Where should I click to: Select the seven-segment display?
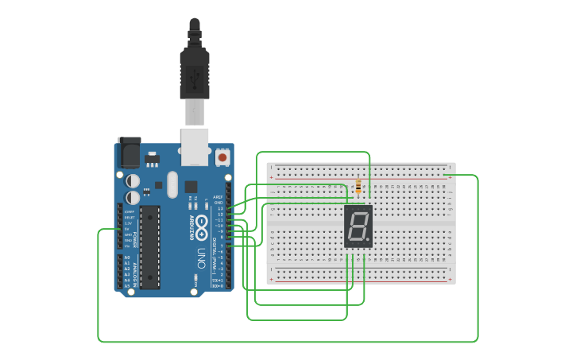(x=358, y=226)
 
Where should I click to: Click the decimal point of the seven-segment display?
(x=368, y=239)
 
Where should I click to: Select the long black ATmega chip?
(x=150, y=246)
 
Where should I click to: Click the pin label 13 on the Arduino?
(x=220, y=208)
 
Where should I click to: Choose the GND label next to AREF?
(x=219, y=203)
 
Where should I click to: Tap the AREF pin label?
(x=218, y=197)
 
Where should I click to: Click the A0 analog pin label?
(x=127, y=258)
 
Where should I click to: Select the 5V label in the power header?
(x=128, y=230)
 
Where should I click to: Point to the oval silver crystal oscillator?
(x=171, y=188)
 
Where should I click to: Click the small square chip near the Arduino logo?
(x=191, y=188)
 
